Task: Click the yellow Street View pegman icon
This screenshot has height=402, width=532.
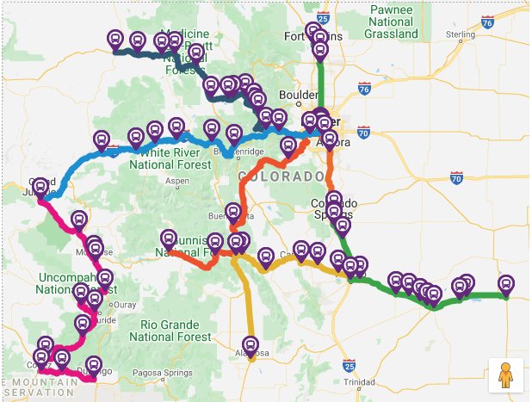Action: (x=506, y=374)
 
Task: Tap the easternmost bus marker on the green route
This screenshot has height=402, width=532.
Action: (x=506, y=284)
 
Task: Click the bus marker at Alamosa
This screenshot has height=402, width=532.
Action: (x=251, y=343)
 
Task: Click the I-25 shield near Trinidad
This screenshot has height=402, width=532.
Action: (x=349, y=364)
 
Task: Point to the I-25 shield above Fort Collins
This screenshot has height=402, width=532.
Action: (x=322, y=16)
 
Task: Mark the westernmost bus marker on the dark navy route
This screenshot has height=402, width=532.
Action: (x=116, y=39)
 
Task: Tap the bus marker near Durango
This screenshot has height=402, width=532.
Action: (x=95, y=365)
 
